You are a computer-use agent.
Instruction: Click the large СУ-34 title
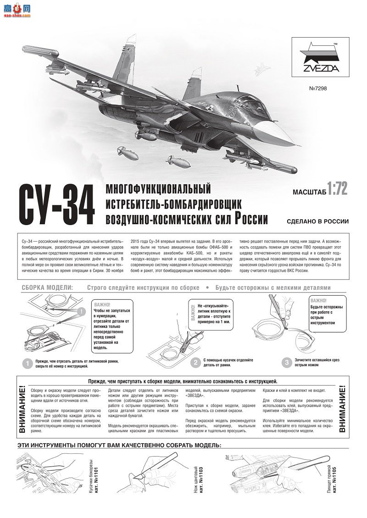click(56, 205)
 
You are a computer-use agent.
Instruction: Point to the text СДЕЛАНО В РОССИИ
click(317, 221)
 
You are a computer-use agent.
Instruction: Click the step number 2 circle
click(195, 363)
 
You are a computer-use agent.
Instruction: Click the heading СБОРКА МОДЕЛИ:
click(47, 288)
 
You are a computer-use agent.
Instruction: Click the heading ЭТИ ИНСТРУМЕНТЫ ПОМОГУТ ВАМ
click(119, 445)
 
